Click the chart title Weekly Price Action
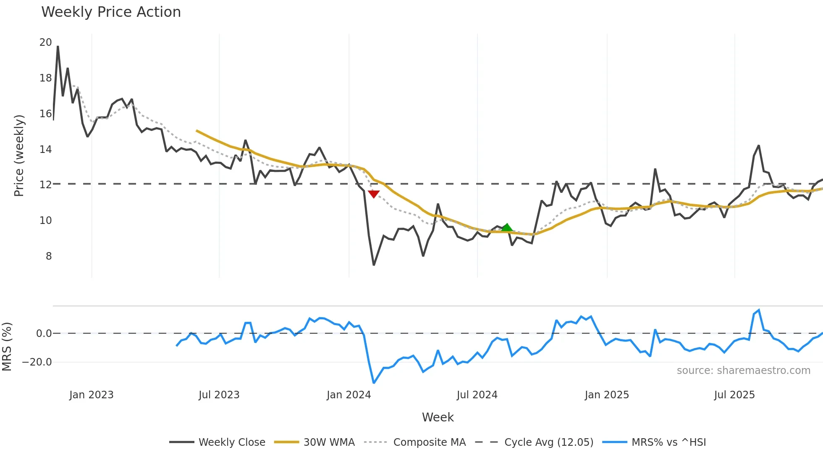[111, 12]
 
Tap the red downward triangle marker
[373, 194]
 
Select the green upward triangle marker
[507, 228]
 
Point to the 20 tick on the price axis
[45, 42]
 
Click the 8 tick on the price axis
[49, 256]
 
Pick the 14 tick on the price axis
[45, 149]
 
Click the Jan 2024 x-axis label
[349, 395]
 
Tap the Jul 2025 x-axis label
[734, 395]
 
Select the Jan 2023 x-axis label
[91, 395]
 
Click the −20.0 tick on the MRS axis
[37, 362]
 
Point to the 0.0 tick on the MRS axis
[44, 334]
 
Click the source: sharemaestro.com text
[743, 371]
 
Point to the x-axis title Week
[438, 417]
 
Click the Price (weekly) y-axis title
[19, 155]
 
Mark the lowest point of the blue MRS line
[374, 383]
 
